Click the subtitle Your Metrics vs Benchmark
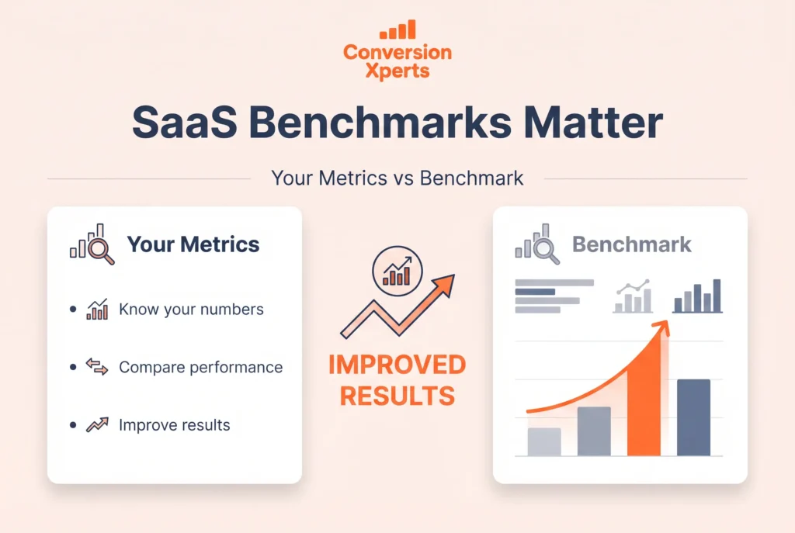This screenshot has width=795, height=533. (x=397, y=178)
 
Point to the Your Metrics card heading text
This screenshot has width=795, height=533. (x=193, y=245)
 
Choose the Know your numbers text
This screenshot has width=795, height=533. (x=191, y=310)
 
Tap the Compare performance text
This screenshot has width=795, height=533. (x=200, y=367)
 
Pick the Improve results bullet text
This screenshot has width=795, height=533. (x=174, y=425)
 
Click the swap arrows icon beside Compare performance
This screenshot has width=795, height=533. (x=97, y=367)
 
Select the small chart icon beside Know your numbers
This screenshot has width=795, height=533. (x=97, y=310)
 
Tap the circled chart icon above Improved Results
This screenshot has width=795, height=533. (x=395, y=274)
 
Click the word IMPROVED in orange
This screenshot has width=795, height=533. (x=397, y=365)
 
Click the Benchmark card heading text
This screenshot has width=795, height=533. (x=631, y=245)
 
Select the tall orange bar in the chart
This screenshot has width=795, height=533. (x=644, y=403)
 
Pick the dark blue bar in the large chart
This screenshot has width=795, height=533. (x=693, y=417)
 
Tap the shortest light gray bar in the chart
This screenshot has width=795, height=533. (x=543, y=441)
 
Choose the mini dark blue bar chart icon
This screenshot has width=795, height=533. (x=697, y=296)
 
